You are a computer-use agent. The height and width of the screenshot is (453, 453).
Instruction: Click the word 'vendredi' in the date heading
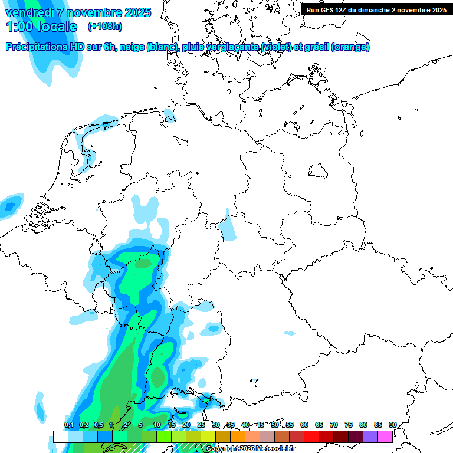click(x=31, y=12)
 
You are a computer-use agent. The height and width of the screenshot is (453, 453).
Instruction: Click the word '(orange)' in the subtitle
click(x=350, y=47)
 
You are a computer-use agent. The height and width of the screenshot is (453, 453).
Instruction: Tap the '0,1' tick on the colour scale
click(x=68, y=425)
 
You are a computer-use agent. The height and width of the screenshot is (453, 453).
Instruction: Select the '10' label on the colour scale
click(x=156, y=425)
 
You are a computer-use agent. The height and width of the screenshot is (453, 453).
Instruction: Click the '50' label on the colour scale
click(x=275, y=425)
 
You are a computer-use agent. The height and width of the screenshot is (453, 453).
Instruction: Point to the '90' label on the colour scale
click(x=393, y=425)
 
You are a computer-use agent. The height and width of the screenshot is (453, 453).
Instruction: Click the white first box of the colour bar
click(x=60, y=436)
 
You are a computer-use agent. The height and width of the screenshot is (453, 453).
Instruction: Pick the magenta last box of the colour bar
click(x=385, y=436)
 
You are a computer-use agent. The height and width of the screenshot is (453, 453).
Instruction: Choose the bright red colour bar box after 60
click(x=311, y=436)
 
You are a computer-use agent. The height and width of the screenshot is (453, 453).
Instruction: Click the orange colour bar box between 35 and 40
click(x=237, y=436)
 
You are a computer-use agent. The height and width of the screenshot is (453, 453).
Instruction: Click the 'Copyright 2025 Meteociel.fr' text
click(x=251, y=449)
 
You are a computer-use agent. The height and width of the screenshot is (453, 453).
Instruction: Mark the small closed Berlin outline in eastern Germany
click(x=320, y=171)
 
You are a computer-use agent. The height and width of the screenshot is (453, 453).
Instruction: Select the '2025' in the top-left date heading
click(x=137, y=12)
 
